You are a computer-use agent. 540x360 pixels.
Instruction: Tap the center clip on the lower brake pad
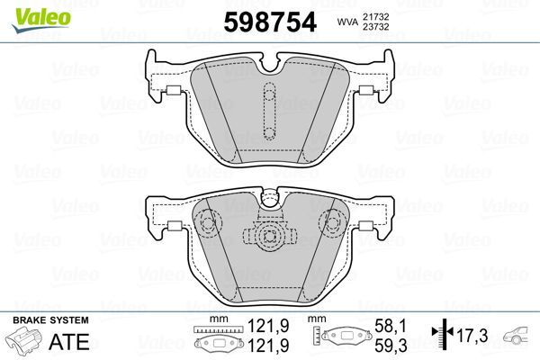point(267,238)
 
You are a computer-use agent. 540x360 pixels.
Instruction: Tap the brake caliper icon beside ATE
point(26,343)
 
